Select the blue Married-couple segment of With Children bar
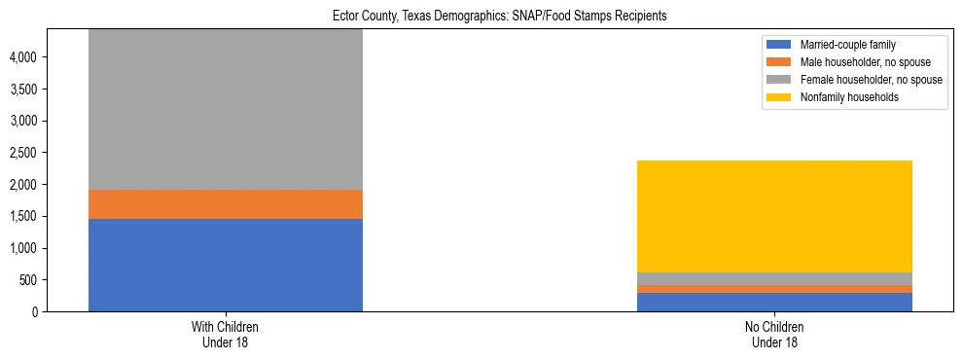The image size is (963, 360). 226,265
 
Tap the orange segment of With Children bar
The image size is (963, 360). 226,204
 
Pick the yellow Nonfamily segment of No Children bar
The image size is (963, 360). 775,216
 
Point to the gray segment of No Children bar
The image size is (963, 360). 775,278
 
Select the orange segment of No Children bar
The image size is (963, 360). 775,289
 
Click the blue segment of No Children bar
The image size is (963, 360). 775,302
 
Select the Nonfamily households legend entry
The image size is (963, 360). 842,97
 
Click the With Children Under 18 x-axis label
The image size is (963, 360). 226,335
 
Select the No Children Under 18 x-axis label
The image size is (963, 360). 775,335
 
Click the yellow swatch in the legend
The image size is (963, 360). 780,97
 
